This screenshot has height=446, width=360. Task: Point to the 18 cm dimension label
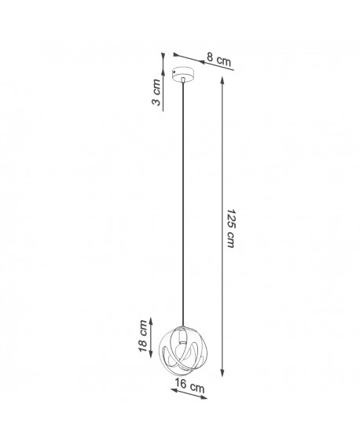[x=144, y=337]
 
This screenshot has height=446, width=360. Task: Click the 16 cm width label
[x=188, y=388]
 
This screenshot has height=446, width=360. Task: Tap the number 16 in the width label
[x=181, y=386]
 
